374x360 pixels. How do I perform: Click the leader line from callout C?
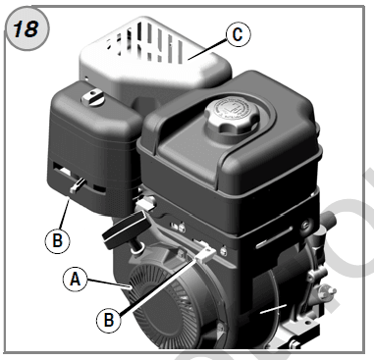(x=210, y=45)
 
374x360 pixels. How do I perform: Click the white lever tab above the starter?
(x=205, y=254)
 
